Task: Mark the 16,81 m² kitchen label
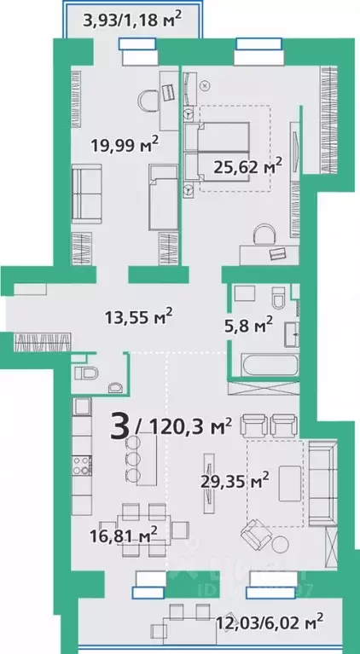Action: [128, 535]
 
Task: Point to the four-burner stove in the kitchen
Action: [82, 466]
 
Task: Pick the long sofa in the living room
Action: [323, 482]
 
